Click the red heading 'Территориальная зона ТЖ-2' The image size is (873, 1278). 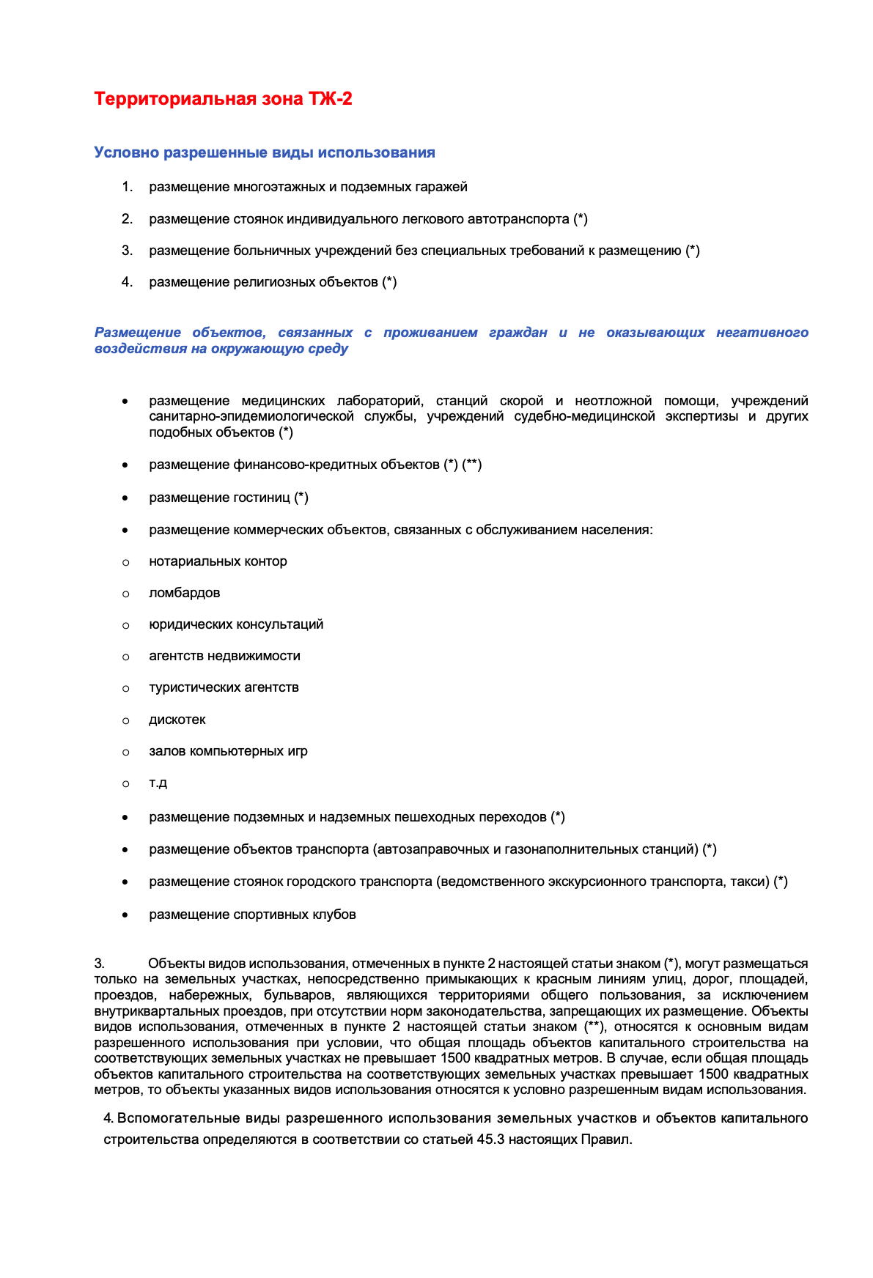click(223, 99)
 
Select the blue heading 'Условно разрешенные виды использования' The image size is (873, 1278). click(265, 152)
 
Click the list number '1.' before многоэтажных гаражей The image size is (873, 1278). click(127, 187)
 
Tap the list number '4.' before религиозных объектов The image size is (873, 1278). click(127, 282)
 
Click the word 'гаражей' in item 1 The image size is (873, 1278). click(441, 187)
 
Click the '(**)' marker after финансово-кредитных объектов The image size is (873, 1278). click(471, 465)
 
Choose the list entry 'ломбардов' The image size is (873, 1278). click(184, 593)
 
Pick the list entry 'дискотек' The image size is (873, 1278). click(177, 720)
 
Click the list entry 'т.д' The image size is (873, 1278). click(158, 783)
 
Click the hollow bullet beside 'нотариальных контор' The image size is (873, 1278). click(126, 562)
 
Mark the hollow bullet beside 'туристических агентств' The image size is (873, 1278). click(126, 688)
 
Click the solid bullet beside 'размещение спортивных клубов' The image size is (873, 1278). click(126, 915)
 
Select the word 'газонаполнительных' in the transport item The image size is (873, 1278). click(560, 849)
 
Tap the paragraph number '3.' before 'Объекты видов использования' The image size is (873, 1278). click(99, 963)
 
